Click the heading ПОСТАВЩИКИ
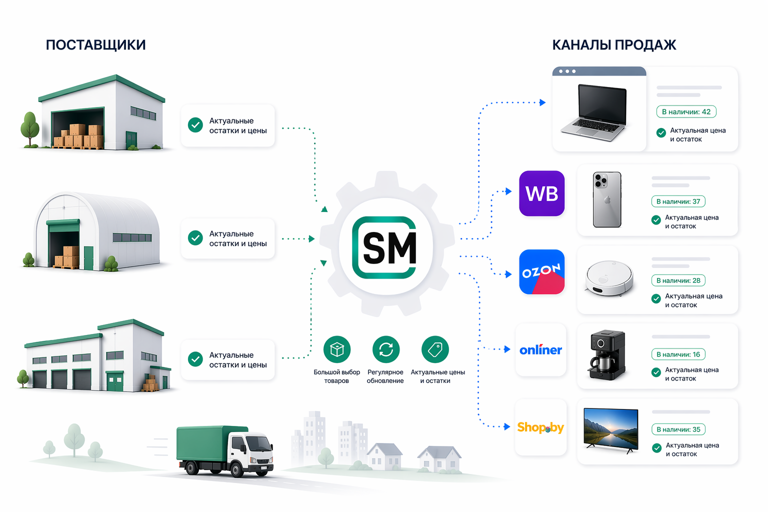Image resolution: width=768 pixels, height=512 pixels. tap(95, 45)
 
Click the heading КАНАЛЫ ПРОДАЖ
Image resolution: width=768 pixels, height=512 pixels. tap(614, 45)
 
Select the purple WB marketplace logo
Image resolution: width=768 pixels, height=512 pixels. tap(541, 193)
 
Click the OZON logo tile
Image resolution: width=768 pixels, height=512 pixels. tap(541, 272)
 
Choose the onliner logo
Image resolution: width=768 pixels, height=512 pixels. tap(540, 349)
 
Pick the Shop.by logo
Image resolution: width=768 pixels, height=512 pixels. tap(540, 427)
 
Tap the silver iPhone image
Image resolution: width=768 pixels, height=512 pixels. tap(607, 199)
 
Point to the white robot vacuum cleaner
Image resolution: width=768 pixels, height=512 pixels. tap(609, 278)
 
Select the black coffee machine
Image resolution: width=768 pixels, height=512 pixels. tap(607, 354)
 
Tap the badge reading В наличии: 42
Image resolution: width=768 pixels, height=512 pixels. tap(686, 111)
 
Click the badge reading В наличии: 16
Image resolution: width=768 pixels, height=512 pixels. tap(678, 354)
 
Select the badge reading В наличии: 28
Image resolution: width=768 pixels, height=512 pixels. tap(678, 280)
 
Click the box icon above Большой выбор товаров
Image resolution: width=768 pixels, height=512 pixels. tap(336, 349)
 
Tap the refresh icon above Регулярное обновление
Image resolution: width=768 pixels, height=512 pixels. tap(385, 349)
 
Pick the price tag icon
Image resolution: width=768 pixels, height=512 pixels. tap(435, 349)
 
